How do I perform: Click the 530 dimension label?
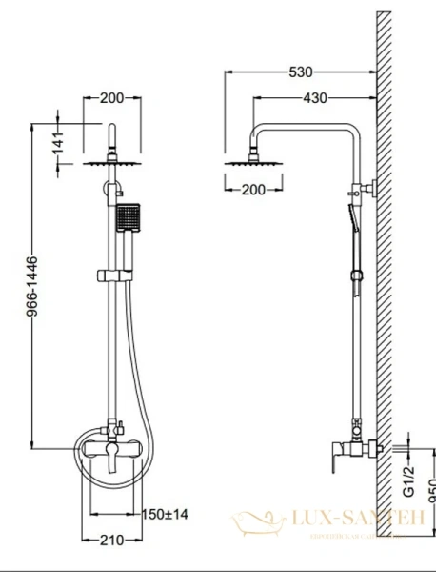click(302, 71)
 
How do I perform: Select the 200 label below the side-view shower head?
click(253, 190)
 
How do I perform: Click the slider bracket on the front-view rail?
click(112, 276)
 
